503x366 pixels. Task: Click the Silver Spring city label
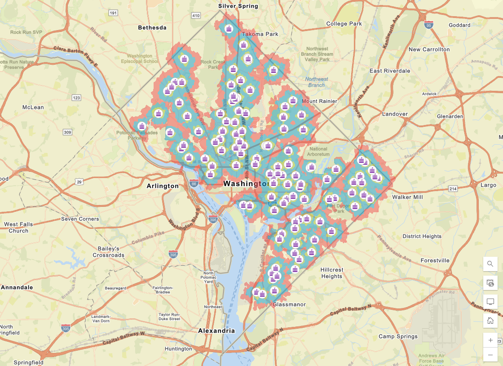tap(238, 6)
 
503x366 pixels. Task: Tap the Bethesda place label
tap(152, 27)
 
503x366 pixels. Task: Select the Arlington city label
tap(163, 186)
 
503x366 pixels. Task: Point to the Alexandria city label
tap(216, 330)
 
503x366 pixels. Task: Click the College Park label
tap(344, 23)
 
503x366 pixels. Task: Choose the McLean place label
tap(33, 107)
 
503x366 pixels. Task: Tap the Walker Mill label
tap(407, 197)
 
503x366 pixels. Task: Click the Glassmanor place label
tap(289, 304)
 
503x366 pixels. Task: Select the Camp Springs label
tap(398, 336)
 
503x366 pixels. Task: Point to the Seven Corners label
tap(79, 219)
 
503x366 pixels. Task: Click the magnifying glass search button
tap(490, 264)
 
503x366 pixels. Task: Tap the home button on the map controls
tap(490, 321)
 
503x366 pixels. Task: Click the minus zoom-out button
tap(490, 355)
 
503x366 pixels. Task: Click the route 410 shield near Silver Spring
tap(195, 16)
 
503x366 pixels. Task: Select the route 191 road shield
tap(113, 13)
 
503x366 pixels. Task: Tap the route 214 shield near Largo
tap(453, 189)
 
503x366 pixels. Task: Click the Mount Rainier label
tap(319, 101)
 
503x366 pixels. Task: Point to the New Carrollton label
tap(429, 49)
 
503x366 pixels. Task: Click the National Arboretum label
tap(319, 152)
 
